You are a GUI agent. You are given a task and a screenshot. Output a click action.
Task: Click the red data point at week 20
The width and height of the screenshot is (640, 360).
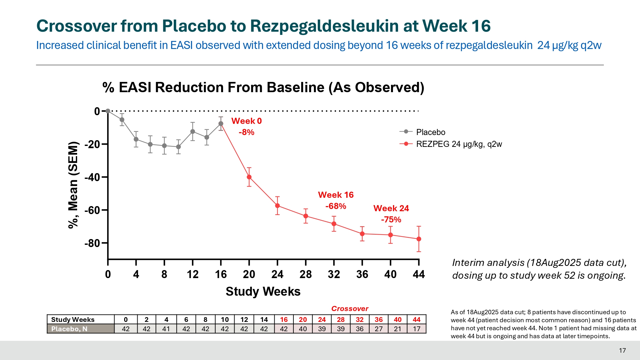coord(249,177)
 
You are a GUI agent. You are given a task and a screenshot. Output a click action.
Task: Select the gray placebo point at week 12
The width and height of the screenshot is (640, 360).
coord(193,132)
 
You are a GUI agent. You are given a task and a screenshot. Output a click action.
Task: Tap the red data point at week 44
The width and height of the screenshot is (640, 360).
coord(419,239)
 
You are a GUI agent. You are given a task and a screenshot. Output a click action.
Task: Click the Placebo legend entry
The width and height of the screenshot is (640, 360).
coord(430,132)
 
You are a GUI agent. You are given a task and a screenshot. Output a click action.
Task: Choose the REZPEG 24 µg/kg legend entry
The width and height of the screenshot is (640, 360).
coord(459,144)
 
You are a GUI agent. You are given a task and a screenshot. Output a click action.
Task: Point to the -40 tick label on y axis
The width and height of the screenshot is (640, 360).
coord(92,177)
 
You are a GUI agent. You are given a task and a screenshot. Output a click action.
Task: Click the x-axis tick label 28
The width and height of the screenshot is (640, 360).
coord(306,274)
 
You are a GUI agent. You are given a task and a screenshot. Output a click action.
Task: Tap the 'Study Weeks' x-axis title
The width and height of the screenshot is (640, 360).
coord(263,292)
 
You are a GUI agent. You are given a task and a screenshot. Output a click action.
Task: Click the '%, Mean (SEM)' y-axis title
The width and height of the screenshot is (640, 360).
coord(73,185)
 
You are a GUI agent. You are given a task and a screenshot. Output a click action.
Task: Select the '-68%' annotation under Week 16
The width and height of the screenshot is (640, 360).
coord(336,206)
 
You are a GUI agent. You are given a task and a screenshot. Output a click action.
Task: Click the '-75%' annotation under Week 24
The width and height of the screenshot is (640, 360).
coord(391,220)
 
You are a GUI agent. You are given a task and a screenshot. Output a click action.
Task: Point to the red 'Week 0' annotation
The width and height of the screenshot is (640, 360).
coord(246,121)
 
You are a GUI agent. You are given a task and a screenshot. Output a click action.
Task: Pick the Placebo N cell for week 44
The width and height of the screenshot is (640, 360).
coord(416,329)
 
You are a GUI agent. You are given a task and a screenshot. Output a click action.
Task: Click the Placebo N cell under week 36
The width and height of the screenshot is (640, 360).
coord(379,329)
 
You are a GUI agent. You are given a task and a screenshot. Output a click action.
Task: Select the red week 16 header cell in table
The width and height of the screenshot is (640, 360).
coord(284,319)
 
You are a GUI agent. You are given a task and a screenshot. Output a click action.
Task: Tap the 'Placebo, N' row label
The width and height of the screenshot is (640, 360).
coord(69,329)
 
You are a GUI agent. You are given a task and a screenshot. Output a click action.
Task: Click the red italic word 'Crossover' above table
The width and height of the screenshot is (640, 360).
coord(350,308)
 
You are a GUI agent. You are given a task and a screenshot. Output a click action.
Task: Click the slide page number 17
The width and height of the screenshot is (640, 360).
coord(622,350)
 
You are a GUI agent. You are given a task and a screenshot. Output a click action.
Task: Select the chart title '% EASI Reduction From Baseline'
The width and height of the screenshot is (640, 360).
coord(263,87)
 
